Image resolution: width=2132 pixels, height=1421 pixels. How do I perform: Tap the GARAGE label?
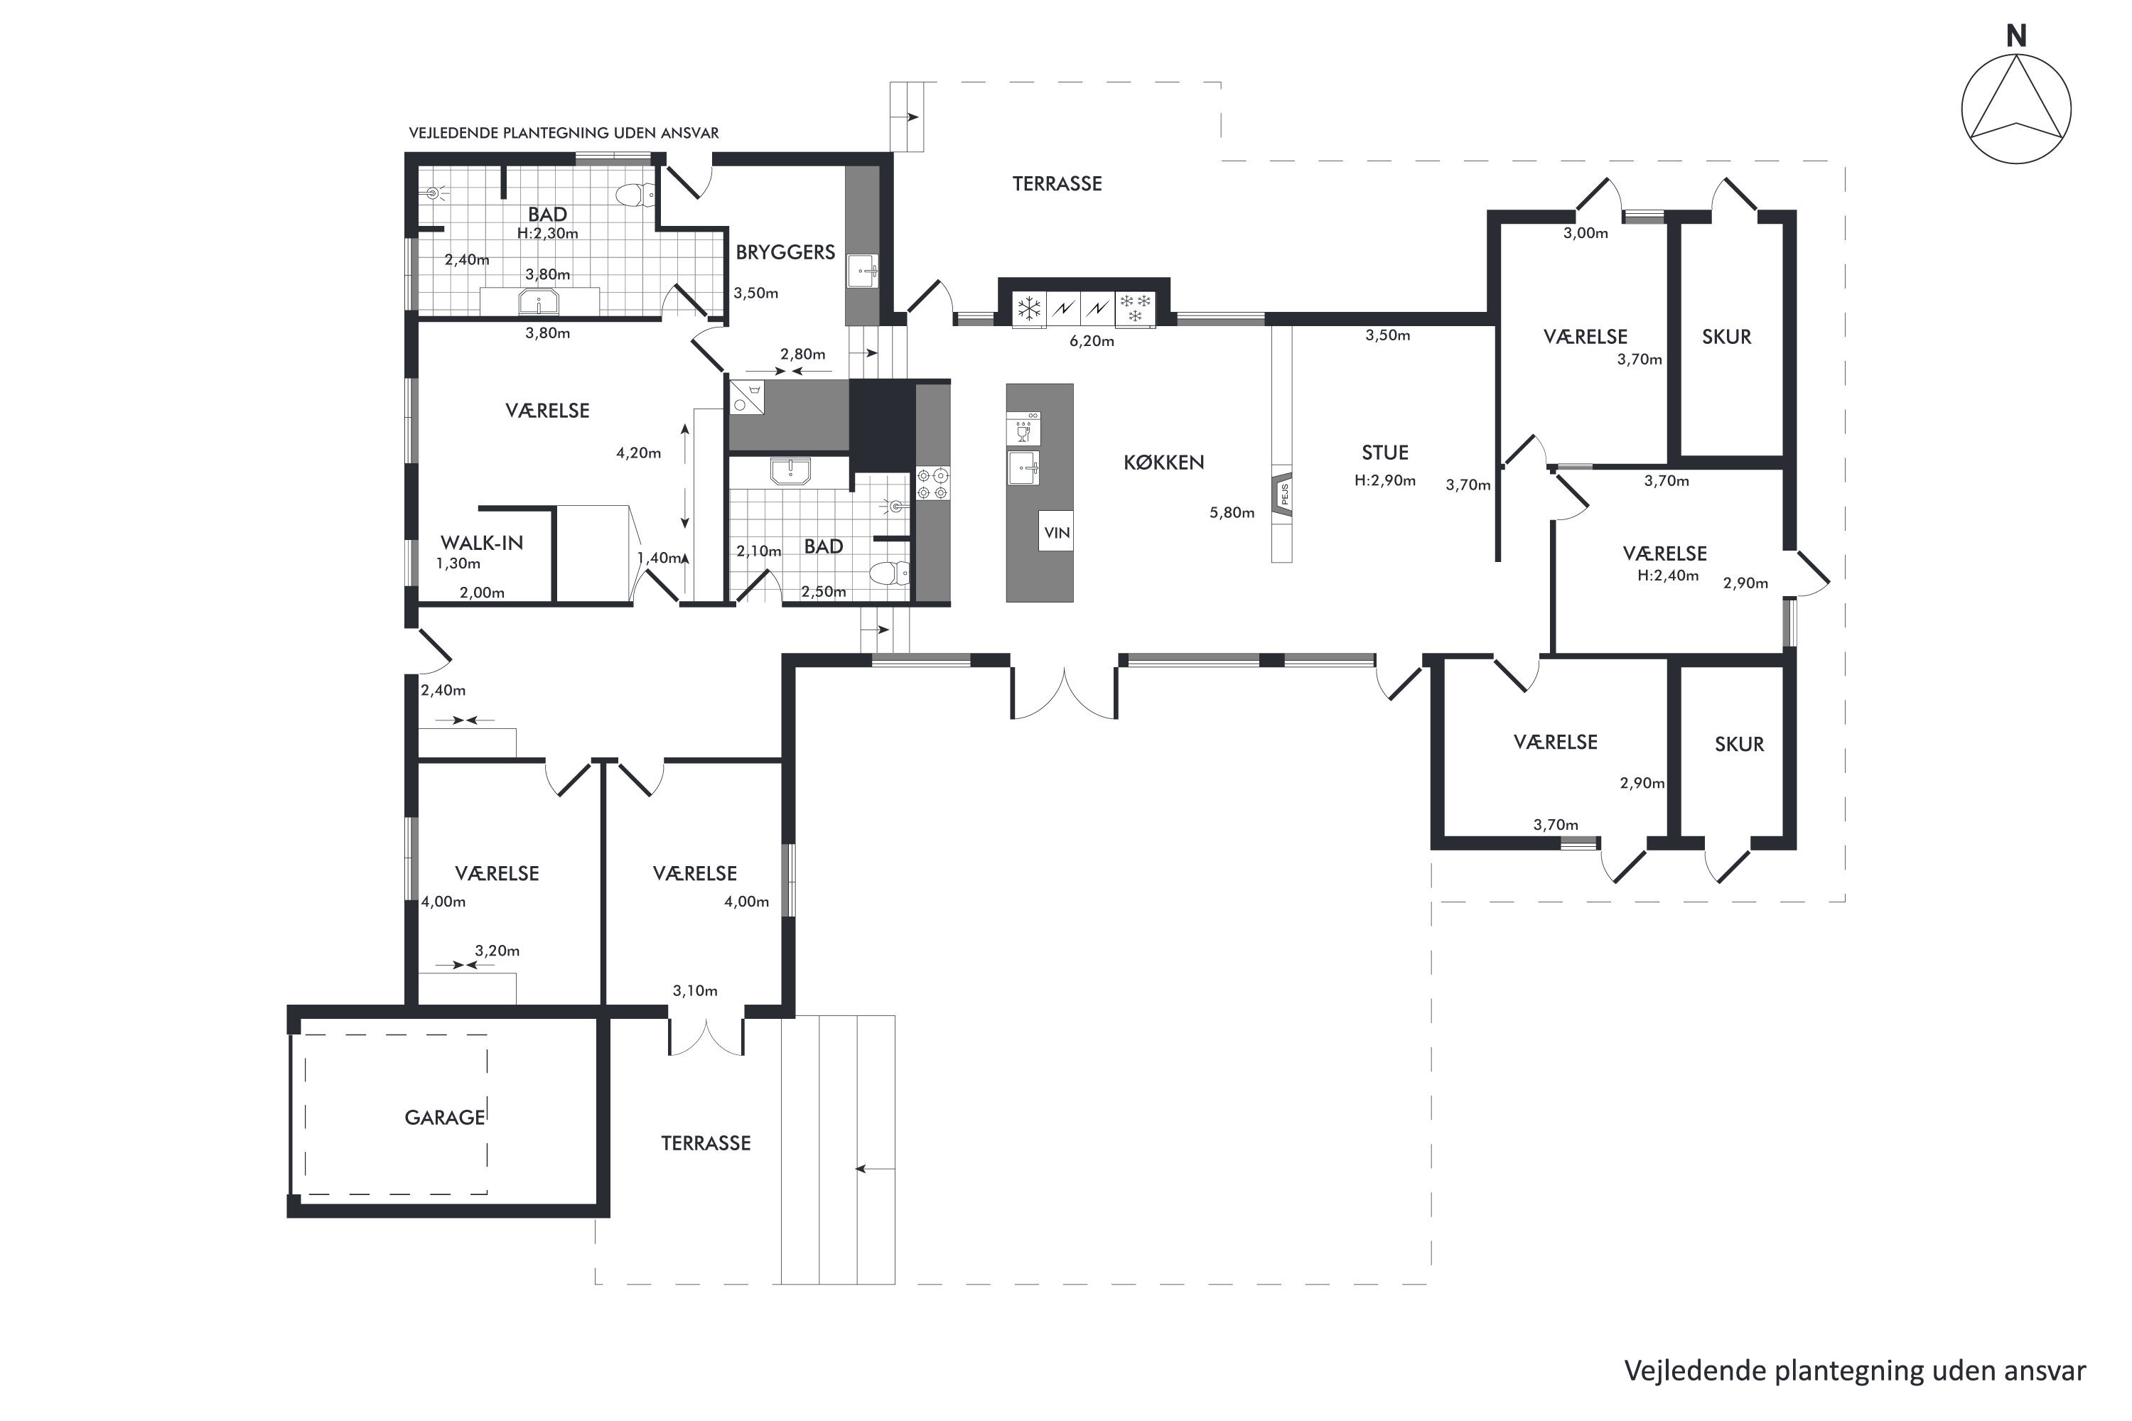(444, 1118)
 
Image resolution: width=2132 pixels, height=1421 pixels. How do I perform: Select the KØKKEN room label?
(1164, 463)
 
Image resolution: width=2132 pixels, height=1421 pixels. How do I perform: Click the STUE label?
(1384, 452)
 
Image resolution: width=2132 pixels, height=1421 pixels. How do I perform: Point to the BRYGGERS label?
(785, 252)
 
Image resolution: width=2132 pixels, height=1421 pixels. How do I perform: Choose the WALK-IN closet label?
(481, 543)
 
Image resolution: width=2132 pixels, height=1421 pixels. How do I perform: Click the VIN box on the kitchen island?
(1057, 532)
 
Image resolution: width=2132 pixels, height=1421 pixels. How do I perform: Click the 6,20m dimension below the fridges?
(1092, 342)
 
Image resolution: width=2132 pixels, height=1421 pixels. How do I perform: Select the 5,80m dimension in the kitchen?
(1232, 513)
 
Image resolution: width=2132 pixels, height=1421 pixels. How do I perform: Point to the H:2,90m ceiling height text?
(1384, 480)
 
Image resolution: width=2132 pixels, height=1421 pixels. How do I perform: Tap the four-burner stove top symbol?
(932, 483)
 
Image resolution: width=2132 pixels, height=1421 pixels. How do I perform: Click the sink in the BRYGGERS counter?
(862, 271)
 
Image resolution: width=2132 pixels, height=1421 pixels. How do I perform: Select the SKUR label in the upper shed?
(1726, 336)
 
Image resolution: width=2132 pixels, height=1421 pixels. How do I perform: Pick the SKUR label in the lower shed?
(1738, 744)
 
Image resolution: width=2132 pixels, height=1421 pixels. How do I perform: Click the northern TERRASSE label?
(1057, 184)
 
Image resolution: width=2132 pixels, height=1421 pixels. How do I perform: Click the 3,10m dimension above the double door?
(694, 990)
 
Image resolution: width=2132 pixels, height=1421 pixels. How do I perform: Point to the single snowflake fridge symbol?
(1029, 309)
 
